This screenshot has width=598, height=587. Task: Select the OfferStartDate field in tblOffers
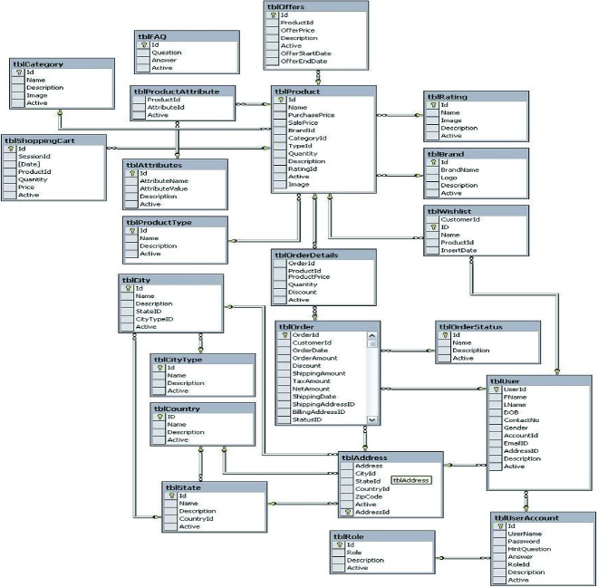[x=305, y=53]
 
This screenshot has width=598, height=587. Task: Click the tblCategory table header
[x=37, y=63]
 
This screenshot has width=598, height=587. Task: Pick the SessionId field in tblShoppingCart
[x=35, y=156]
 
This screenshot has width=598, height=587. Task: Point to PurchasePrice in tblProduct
[x=312, y=115]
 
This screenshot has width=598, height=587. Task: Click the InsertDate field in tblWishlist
[x=458, y=251]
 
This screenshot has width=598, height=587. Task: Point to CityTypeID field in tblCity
[x=154, y=319]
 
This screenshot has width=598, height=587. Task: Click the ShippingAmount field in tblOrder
[x=318, y=373]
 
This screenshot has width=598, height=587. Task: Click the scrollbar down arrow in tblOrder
[x=371, y=420]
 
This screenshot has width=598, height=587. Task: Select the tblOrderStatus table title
[x=469, y=326]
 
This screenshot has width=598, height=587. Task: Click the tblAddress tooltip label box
[x=411, y=480]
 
